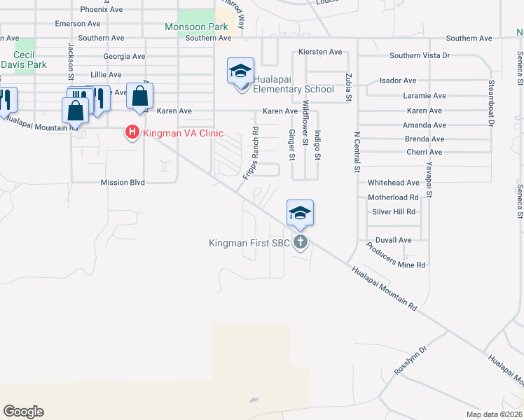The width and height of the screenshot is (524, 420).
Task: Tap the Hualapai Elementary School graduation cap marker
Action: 240,72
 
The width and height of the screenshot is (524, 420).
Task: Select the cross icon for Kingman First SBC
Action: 300,243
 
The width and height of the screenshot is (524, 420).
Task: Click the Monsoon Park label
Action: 198,27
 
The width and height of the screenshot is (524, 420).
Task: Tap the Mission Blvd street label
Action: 123,182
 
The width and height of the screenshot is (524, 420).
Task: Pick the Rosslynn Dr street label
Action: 411,359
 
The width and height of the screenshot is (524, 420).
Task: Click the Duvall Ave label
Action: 394,240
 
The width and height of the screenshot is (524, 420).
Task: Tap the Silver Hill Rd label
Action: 394,211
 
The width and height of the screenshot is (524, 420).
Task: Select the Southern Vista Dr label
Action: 420,55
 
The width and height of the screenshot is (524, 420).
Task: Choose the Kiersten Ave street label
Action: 319,52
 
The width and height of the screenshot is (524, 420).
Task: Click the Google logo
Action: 23,412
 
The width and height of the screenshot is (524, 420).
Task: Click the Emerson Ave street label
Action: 70,24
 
